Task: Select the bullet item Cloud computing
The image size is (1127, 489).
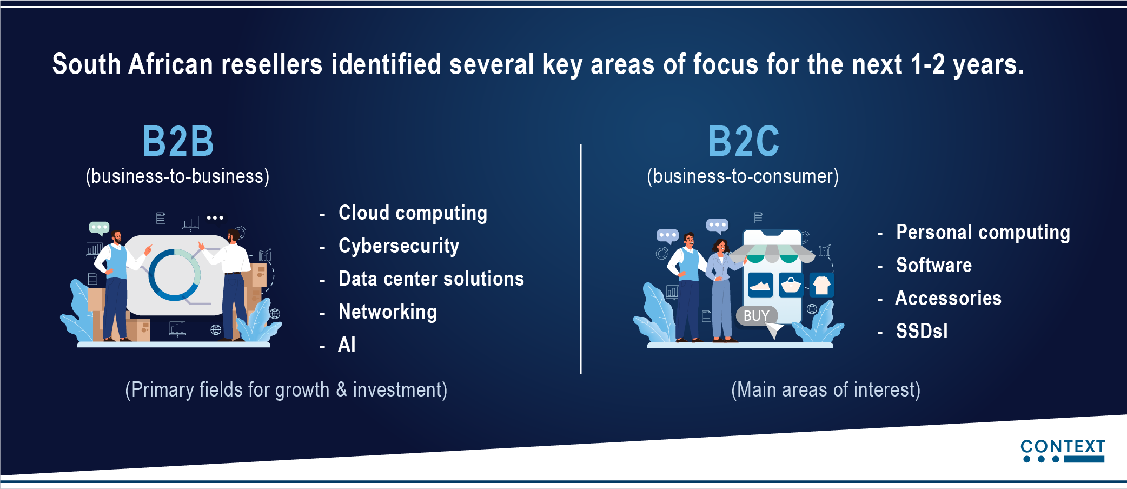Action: (x=413, y=213)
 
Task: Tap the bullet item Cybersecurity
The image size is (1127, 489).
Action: (x=399, y=246)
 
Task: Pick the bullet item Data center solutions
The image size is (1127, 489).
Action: (x=431, y=279)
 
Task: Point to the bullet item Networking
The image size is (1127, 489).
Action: (x=388, y=312)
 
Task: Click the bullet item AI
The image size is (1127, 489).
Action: (x=347, y=345)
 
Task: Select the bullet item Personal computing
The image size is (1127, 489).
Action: (x=983, y=233)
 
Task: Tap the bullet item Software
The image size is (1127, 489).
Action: (x=934, y=265)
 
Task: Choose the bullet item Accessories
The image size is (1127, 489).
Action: (x=949, y=298)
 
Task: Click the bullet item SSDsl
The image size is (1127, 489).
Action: (x=922, y=331)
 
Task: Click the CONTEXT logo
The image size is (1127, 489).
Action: (x=1063, y=451)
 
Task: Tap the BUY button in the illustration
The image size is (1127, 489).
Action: (x=757, y=315)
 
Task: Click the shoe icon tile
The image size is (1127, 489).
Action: (x=760, y=285)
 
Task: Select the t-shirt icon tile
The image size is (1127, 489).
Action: (x=822, y=285)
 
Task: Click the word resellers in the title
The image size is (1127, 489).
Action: (x=272, y=64)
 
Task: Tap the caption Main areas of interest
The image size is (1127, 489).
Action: (x=826, y=390)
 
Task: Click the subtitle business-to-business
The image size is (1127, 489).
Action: (x=177, y=176)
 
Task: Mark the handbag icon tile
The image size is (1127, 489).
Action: (x=791, y=285)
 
